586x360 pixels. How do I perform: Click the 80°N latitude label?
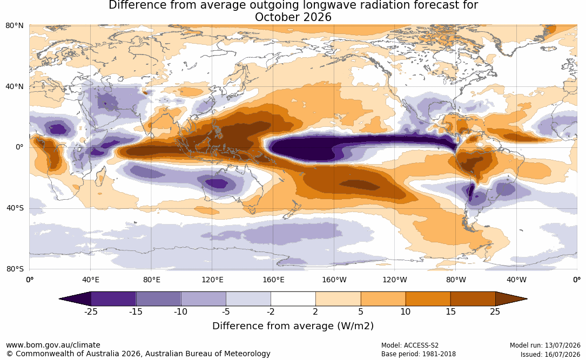coord(14,26)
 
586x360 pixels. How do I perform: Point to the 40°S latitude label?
coord(15,208)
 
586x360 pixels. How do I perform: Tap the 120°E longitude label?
coord(212,280)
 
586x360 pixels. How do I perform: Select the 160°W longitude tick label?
coord(334,280)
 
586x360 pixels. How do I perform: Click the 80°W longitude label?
coord(456,280)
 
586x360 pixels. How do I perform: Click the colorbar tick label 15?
coord(450,311)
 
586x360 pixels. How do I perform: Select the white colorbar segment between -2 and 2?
coord(293,299)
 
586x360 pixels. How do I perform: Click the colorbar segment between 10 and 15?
coord(428,299)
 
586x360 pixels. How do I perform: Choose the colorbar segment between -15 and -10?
coord(158,299)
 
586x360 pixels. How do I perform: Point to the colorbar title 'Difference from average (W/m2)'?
coord(293,325)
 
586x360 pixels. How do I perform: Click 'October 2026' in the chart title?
coord(293,17)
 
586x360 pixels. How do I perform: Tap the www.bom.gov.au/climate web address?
coord(53,345)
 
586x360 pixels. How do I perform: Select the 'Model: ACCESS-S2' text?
coord(409,345)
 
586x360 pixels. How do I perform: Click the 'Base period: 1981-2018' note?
coord(418,354)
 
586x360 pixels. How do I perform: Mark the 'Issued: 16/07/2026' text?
coord(550,354)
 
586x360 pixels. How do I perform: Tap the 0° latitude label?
coord(19,147)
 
